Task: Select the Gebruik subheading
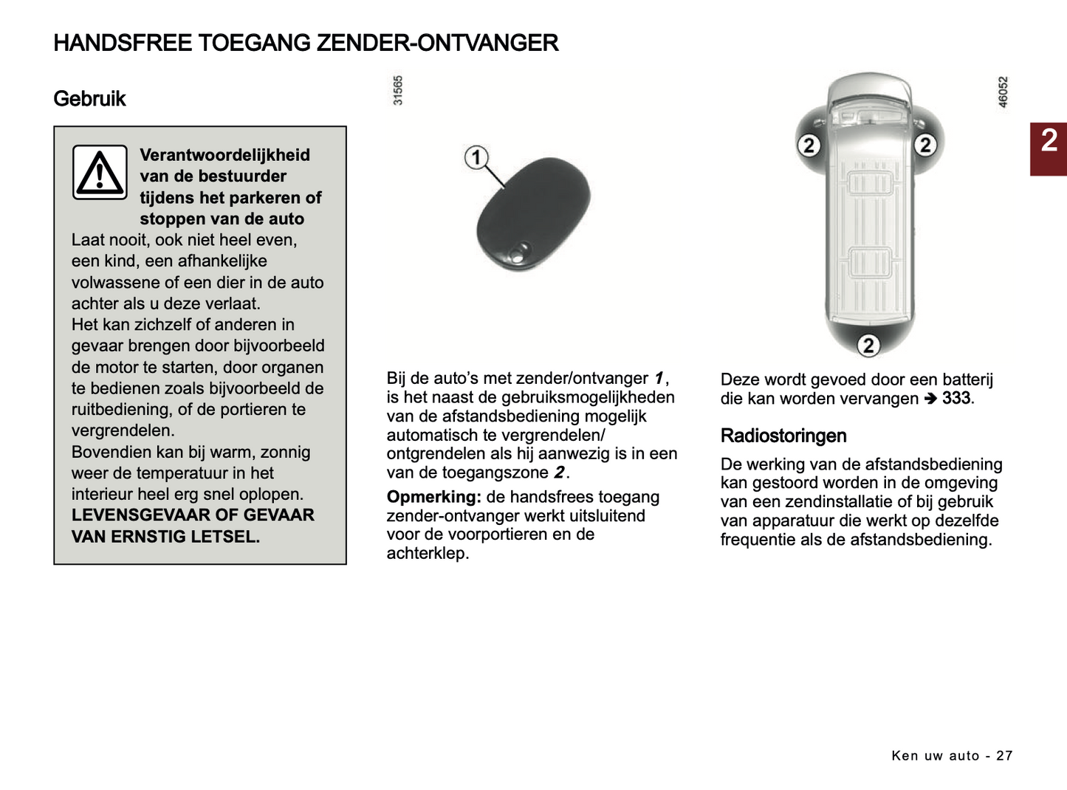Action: click(89, 99)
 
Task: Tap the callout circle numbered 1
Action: click(476, 157)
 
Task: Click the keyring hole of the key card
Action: click(521, 253)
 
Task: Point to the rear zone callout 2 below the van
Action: click(868, 345)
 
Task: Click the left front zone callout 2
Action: click(809, 145)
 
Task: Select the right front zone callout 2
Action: click(924, 145)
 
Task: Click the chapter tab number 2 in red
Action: click(1049, 140)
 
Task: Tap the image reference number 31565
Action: click(398, 90)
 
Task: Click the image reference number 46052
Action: click(1003, 92)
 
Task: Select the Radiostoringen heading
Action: click(783, 436)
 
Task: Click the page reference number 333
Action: click(956, 398)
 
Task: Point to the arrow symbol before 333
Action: click(930, 399)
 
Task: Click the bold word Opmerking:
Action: click(433, 497)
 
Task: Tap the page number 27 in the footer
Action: click(1004, 755)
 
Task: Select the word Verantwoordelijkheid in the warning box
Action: click(224, 155)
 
